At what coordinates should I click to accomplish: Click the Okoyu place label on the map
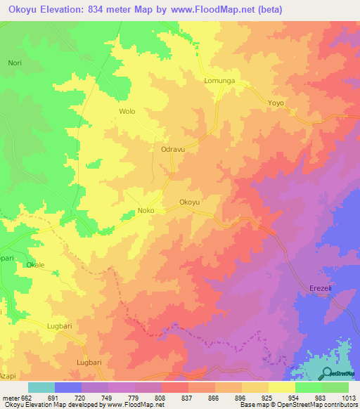[190, 202]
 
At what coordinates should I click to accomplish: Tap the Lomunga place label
[218, 82]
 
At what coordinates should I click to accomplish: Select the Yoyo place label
[276, 103]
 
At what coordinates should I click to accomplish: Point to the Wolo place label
[127, 112]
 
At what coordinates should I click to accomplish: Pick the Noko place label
[146, 211]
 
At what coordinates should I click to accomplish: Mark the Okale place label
[35, 265]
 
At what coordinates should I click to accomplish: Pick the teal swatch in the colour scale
[41, 387]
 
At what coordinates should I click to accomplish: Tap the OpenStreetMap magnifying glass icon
[328, 372]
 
